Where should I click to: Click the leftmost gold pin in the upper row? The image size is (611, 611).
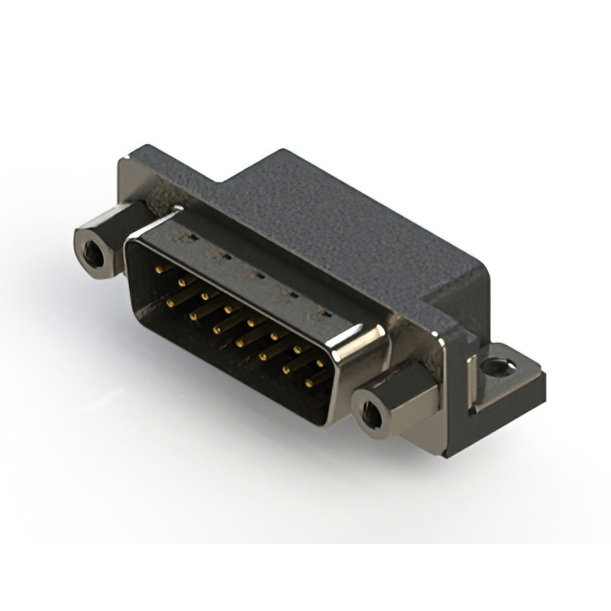[x=159, y=270]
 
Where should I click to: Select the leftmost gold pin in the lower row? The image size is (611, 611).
[x=172, y=302]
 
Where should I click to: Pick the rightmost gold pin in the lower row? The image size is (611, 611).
[x=311, y=383]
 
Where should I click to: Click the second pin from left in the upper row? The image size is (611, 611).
[x=180, y=282]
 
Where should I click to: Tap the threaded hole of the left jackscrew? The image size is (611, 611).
[x=92, y=253]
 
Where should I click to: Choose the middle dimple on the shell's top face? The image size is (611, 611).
[x=252, y=273]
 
